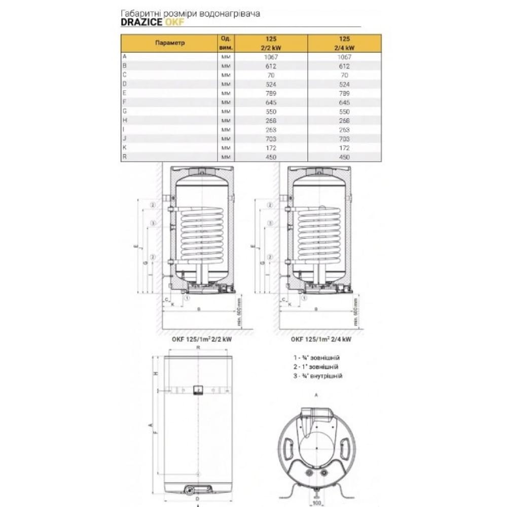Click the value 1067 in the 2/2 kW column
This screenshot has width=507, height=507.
[x=272, y=57]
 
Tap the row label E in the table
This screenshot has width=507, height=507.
[x=124, y=93]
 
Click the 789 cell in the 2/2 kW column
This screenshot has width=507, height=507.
[x=272, y=93]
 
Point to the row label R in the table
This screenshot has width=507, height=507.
[x=124, y=157]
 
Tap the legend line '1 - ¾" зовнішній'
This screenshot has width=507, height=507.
[x=316, y=357]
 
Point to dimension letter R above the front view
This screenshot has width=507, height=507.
[x=199, y=348]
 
